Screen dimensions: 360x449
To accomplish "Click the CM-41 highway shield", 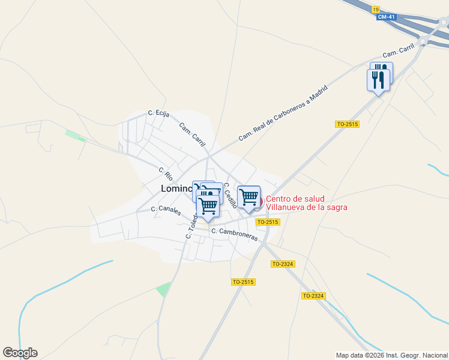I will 385,17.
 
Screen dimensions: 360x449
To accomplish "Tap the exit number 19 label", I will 376,10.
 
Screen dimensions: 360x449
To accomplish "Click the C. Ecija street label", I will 159,113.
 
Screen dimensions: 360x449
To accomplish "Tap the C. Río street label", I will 166,174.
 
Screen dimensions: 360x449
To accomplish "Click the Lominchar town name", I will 176,188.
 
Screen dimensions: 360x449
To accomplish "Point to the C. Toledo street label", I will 191,227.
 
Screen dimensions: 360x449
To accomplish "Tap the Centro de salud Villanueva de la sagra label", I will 306,203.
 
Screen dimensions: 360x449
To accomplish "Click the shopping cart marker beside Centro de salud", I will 248,197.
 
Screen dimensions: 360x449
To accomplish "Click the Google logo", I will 20,352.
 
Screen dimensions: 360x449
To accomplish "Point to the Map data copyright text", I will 391,355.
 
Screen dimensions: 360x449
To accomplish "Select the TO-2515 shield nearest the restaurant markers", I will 347,124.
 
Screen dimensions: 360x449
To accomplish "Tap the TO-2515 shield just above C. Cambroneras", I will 268,222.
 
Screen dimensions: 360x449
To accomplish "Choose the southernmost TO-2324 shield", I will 313,296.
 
